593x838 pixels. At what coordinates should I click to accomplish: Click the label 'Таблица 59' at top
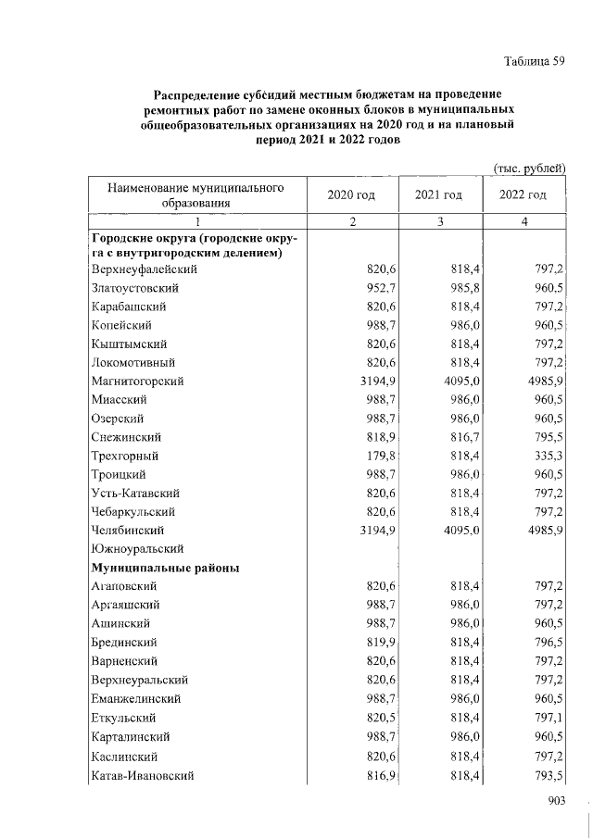tap(534, 62)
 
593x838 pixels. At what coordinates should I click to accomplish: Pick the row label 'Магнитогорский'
tap(138, 381)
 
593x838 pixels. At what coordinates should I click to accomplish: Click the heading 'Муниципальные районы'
tap(165, 568)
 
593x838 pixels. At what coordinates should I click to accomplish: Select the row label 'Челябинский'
tap(128, 531)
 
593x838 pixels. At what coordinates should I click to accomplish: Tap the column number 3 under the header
tap(438, 222)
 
